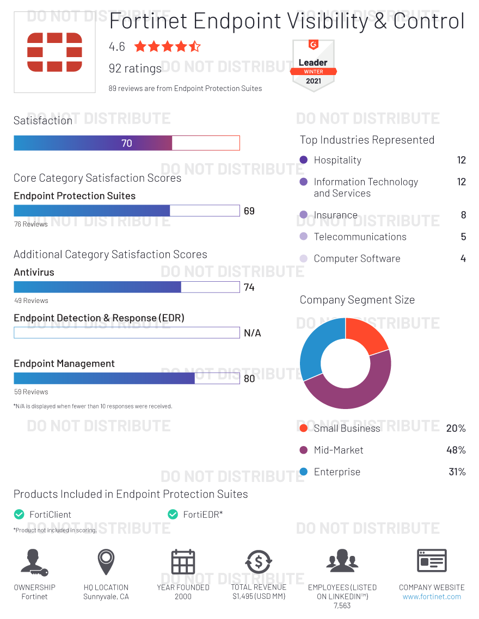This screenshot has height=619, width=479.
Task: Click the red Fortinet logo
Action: [54, 52]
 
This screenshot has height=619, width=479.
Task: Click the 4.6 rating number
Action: [117, 47]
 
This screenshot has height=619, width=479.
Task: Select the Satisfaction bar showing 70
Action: [126, 143]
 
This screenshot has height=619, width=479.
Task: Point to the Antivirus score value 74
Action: [249, 287]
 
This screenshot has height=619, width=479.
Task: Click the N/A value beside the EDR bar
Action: [252, 333]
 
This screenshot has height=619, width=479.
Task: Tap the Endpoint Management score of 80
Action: [249, 379]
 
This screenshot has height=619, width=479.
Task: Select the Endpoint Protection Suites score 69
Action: [249, 211]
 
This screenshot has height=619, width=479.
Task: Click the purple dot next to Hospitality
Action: [304, 160]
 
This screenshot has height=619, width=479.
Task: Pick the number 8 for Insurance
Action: [463, 215]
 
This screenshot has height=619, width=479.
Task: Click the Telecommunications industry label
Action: [360, 237]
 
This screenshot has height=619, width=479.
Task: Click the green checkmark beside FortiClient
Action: [19, 514]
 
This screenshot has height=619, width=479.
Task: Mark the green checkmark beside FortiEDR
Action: [173, 514]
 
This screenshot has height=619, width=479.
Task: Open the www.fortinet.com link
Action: [432, 597]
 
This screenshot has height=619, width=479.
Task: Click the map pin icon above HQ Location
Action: [106, 561]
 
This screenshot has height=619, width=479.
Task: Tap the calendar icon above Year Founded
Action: [183, 562]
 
